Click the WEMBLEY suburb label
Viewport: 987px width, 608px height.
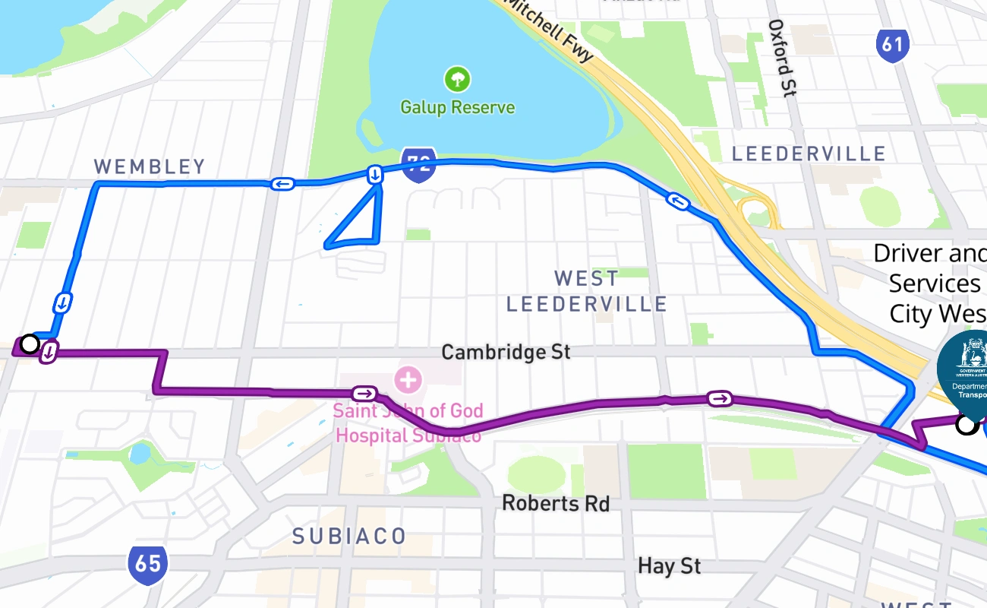coord(150,166)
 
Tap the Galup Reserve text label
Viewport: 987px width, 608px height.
coord(458,107)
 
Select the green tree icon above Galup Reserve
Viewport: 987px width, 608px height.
coord(457,78)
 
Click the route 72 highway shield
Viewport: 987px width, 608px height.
coord(418,164)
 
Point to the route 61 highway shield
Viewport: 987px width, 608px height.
coord(892,45)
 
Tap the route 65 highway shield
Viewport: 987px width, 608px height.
coord(147,563)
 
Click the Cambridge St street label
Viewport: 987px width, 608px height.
coord(506,353)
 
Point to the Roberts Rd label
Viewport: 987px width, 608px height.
coord(556,503)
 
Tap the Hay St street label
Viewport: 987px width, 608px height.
coord(669,565)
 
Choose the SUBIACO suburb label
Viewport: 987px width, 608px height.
coord(349,536)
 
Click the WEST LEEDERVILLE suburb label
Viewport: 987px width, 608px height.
coord(586,291)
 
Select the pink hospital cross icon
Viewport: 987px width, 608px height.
coord(408,378)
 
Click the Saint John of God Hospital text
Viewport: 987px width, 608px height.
coord(408,423)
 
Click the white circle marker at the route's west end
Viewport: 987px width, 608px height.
coord(30,344)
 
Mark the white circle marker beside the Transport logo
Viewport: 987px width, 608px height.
coord(966,424)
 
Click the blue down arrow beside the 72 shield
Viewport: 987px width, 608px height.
coord(375,175)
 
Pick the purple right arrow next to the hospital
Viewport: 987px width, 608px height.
coord(364,394)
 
